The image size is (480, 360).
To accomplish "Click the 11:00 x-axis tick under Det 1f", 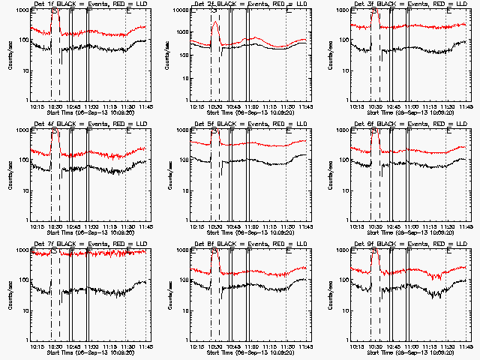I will pos(90,106).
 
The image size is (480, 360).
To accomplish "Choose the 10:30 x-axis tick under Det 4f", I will pos(53,226).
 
